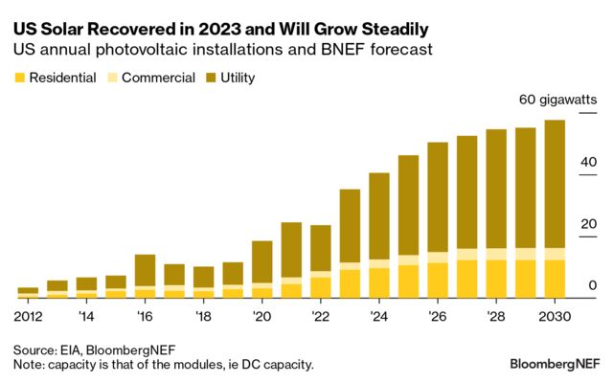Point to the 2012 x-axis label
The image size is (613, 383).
[29, 315]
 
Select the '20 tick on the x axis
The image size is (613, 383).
[261, 315]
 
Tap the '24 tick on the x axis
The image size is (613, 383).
[378, 315]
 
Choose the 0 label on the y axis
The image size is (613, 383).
[593, 285]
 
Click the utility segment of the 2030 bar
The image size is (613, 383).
[555, 182]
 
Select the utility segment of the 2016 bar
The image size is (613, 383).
[146, 269]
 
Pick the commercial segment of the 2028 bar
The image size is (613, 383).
[496, 254]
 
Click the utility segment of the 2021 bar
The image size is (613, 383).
[291, 249]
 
